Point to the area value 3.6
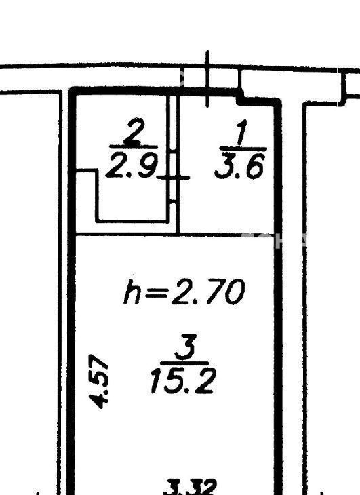[x=239, y=165]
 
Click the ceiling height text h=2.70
[x=184, y=292]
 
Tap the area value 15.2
[x=182, y=381]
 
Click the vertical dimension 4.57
[x=99, y=381]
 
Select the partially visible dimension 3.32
[x=191, y=488]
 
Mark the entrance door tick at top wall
[x=207, y=79]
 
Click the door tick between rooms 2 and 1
[x=173, y=178]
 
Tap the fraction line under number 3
[x=184, y=363]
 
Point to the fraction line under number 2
[x=134, y=147]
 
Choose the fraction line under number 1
[x=243, y=148]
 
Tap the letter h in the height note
[x=132, y=292]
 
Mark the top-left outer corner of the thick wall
[x=68, y=87]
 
